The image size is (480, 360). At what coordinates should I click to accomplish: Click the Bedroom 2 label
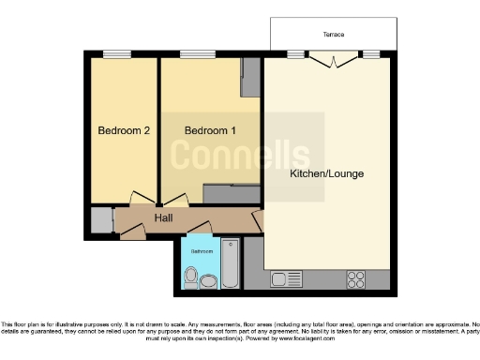124,130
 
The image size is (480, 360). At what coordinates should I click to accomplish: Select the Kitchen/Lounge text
326,174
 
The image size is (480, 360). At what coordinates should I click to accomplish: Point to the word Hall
163,218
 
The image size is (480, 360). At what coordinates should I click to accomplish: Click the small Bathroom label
202,251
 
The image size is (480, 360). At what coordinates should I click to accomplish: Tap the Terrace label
333,35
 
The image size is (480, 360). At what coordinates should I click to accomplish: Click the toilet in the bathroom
192,277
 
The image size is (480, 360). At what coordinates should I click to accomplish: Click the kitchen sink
282,279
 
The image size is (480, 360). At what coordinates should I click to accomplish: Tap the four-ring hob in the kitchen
355,278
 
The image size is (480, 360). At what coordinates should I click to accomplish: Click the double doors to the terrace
333,60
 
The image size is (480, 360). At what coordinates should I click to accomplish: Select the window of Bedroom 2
116,53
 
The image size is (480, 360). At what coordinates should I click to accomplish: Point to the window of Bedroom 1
194,53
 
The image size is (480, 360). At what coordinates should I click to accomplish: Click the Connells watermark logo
247,156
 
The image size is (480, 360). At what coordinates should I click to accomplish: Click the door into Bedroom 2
142,198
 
